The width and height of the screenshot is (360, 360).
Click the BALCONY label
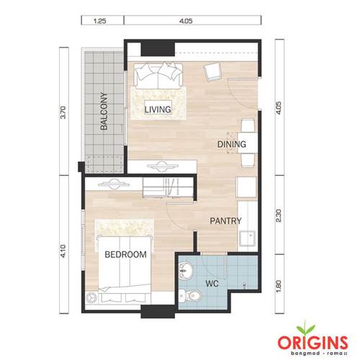(104, 111)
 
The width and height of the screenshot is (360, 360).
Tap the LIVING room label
(158, 109)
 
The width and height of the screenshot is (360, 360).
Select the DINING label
(232, 144)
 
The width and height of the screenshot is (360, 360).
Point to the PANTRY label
(225, 221)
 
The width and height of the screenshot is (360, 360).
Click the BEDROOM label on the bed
(125, 254)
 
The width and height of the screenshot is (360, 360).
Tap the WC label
(212, 284)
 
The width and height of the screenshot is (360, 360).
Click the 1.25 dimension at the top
(99, 21)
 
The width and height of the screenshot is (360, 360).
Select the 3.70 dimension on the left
(63, 112)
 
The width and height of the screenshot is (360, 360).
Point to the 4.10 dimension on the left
(63, 251)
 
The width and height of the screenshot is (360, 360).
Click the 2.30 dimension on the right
(279, 215)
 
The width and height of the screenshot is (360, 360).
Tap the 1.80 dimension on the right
(279, 287)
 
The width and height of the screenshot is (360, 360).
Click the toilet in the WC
(190, 296)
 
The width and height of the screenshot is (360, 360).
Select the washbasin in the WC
(185, 271)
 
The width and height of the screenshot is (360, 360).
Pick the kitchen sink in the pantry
(247, 238)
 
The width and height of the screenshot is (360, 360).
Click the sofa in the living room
(158, 76)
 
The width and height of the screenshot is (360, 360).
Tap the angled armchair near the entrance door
(212, 71)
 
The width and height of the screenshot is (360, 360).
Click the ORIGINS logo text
(313, 342)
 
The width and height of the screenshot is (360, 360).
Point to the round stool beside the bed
(91, 298)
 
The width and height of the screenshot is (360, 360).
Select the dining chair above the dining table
(248, 125)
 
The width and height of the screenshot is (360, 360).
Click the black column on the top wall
(158, 49)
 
